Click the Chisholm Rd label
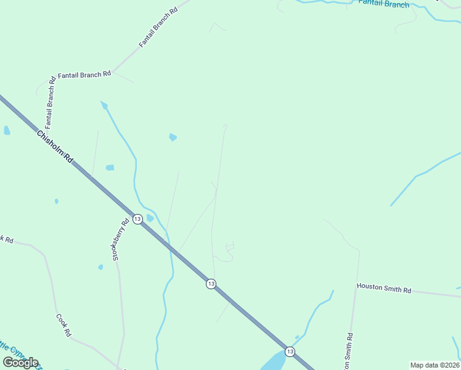coord(55,147)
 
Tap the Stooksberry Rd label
coord(121,240)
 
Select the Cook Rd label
coord(63,326)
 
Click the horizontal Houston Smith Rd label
coord(383,287)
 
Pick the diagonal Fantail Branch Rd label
coord(158,28)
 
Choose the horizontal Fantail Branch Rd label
coord(84,74)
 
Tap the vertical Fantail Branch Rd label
coord(51,101)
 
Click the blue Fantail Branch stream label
coord(383,4)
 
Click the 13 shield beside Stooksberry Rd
coord(137,219)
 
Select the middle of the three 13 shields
coord(211,284)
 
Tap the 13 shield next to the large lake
coord(290,351)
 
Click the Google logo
coord(20,363)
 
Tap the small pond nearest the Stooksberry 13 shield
coord(150,217)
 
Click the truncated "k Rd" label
coord(6,239)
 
